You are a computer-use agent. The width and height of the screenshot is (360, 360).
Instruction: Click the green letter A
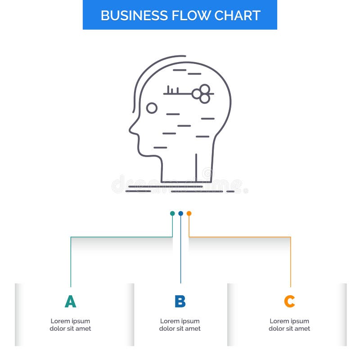pyautogui.click(x=70, y=301)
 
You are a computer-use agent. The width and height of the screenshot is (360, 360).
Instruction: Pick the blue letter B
pyautogui.click(x=180, y=301)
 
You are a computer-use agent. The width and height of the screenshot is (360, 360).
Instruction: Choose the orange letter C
pyautogui.click(x=289, y=301)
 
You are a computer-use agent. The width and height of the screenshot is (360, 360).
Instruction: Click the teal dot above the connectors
pyautogui.click(x=172, y=213)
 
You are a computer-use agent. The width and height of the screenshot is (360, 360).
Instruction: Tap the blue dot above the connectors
pyautogui.click(x=180, y=213)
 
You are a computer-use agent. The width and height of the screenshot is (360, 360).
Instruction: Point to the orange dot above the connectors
pyautogui.click(x=189, y=213)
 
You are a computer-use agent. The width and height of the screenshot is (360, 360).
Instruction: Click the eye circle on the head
pyautogui.click(x=152, y=108)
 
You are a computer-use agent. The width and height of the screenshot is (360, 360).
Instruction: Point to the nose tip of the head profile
pyautogui.click(x=130, y=131)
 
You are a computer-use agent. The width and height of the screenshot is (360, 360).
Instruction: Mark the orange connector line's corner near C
pyautogui.click(x=290, y=237)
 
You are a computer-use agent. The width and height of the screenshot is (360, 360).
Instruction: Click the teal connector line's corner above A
pyautogui.click(x=71, y=237)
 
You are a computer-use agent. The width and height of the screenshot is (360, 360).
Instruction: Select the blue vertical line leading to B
pyautogui.click(x=180, y=252)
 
